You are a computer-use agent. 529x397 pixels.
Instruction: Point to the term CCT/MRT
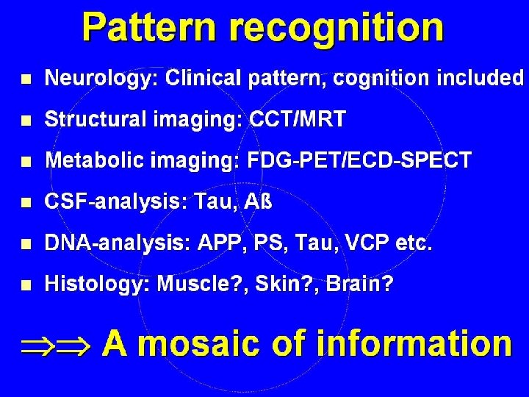point(297,119)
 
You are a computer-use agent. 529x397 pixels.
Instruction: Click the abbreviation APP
point(220,243)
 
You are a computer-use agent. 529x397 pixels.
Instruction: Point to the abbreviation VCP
point(364,243)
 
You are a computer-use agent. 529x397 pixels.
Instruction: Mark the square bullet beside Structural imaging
point(26,120)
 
